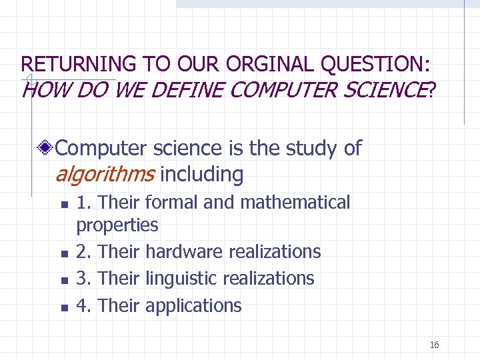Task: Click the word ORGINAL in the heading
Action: click(x=271, y=65)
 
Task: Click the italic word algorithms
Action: click(x=105, y=175)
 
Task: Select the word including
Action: click(x=202, y=175)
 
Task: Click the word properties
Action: click(x=117, y=225)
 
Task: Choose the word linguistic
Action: click(x=184, y=278)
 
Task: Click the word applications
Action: click(x=193, y=305)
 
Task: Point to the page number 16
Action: click(x=434, y=345)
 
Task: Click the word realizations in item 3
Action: click(x=271, y=278)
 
